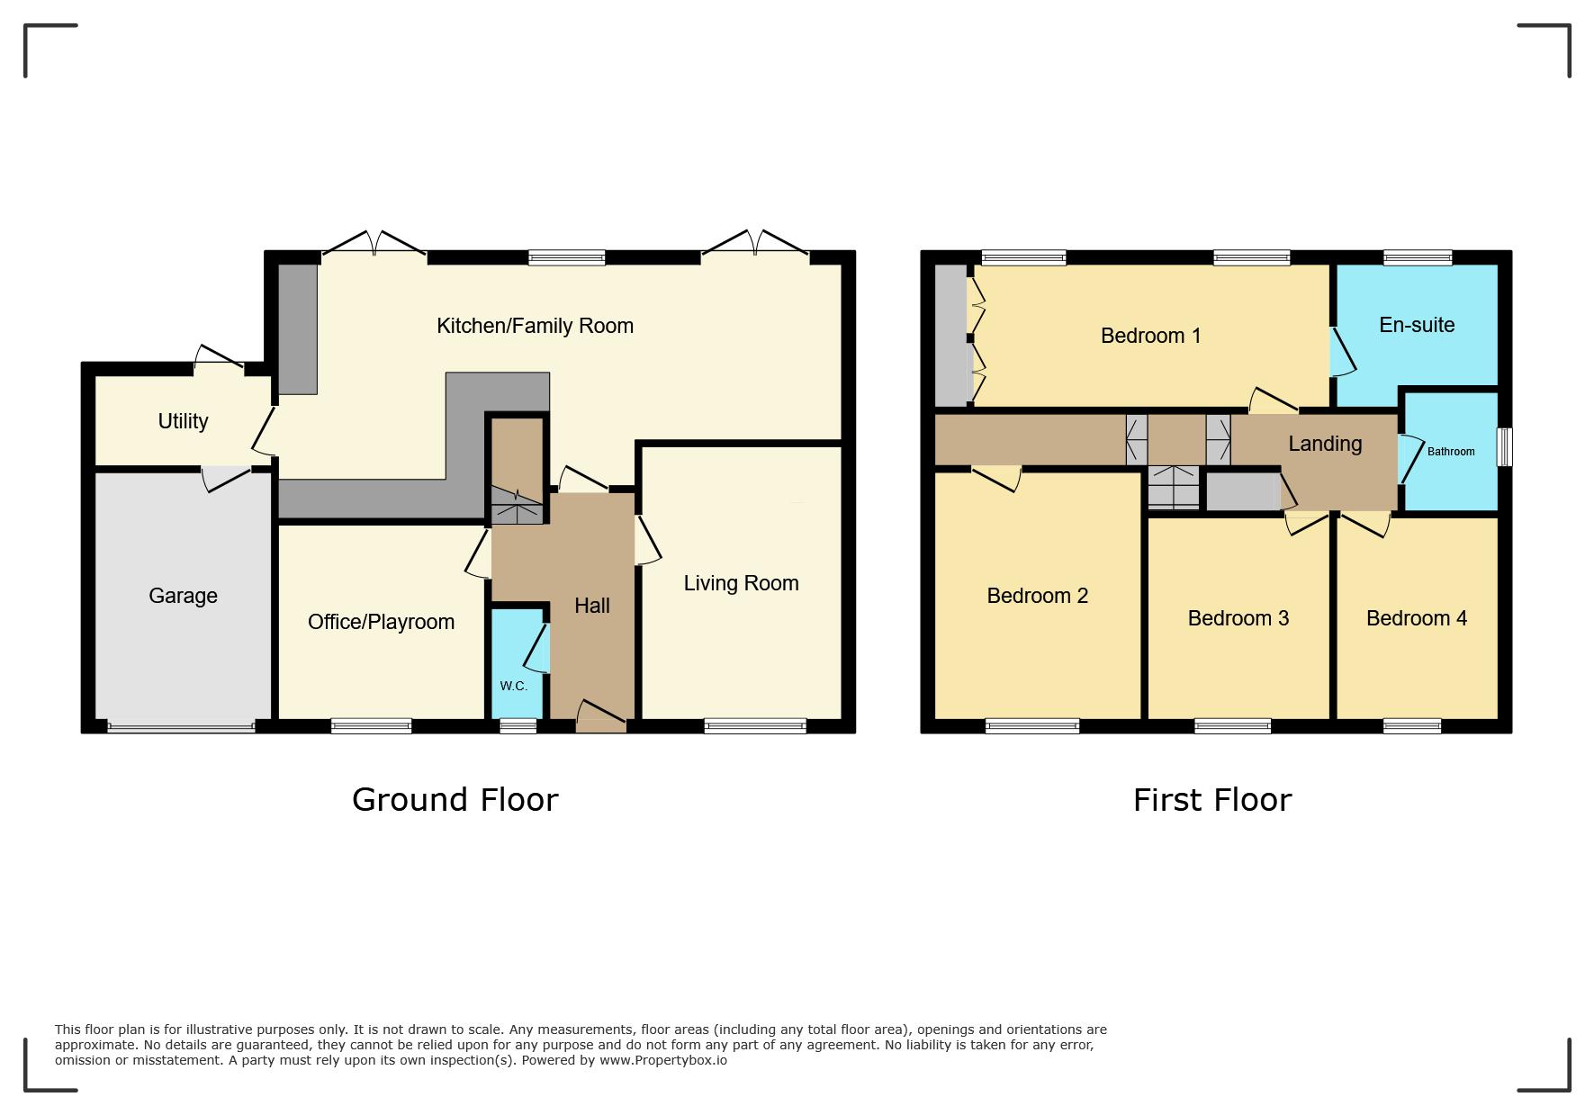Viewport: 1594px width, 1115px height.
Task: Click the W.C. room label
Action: click(513, 686)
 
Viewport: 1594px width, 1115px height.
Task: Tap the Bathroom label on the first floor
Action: click(1451, 452)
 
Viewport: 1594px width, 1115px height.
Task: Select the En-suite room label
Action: click(1417, 325)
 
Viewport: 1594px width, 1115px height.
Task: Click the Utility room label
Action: click(183, 421)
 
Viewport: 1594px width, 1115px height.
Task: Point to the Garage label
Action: click(183, 596)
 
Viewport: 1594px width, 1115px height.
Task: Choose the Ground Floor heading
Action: click(455, 799)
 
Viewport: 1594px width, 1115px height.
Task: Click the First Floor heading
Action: click(1212, 799)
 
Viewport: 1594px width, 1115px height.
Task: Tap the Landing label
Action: click(1325, 444)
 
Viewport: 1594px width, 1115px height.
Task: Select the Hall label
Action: click(592, 606)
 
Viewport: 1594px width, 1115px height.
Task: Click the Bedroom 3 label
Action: click(1238, 618)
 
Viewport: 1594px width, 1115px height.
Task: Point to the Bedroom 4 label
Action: click(1417, 618)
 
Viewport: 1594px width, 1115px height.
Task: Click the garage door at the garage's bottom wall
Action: click(181, 727)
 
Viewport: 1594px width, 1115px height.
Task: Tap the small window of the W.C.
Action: click(518, 726)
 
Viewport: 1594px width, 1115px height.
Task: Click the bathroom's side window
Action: click(1504, 446)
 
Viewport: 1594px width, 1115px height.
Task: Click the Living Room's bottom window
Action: click(755, 726)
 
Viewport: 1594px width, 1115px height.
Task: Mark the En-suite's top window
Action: click(1418, 257)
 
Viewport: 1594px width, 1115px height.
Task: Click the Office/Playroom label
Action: click(381, 622)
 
